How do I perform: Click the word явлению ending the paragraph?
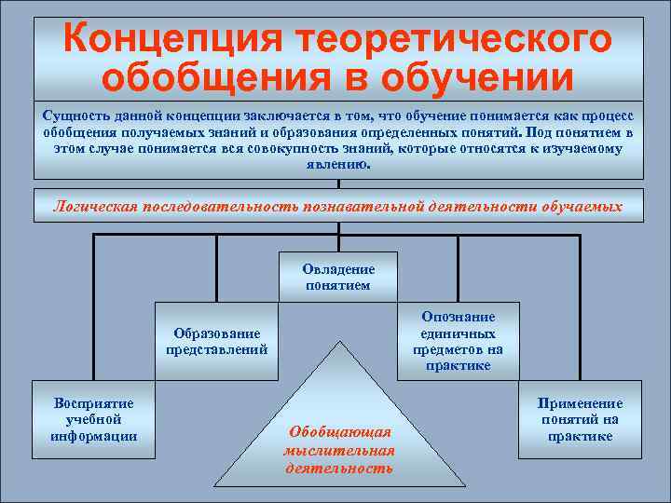[337, 164]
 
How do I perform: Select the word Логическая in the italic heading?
[96, 205]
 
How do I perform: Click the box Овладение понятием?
[337, 277]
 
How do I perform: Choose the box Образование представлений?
[216, 342]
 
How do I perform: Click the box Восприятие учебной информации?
[93, 419]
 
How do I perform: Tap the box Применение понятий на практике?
[580, 419]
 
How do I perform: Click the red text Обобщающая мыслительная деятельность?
[338, 450]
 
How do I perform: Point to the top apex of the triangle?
[338, 344]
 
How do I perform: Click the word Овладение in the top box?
[337, 269]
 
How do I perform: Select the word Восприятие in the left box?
[93, 403]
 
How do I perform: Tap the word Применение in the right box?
[580, 403]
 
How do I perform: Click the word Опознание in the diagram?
[458, 318]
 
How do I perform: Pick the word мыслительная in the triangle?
[338, 450]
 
